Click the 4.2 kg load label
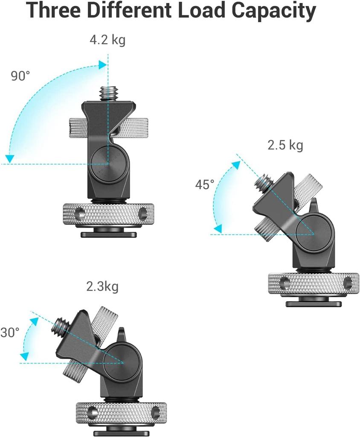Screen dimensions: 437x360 pyautogui.click(x=107, y=41)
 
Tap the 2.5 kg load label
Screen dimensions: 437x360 pyautogui.click(x=285, y=145)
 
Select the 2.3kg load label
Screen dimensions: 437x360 pyautogui.click(x=102, y=286)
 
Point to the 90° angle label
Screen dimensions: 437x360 pyautogui.click(x=20, y=76)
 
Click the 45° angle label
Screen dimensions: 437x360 pyautogui.click(x=205, y=184)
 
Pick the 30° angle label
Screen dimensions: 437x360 pyautogui.click(x=10, y=332)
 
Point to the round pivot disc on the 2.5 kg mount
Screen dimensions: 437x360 pyautogui.click(x=314, y=232)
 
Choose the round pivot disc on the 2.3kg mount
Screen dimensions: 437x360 pyautogui.click(x=122, y=361)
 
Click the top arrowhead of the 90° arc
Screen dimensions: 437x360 pyautogui.click(x=102, y=65)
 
